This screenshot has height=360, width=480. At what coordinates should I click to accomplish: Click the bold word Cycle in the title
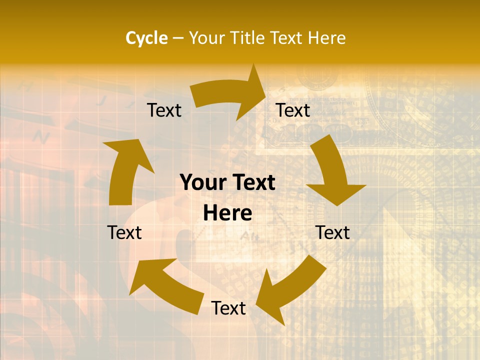pos(146,38)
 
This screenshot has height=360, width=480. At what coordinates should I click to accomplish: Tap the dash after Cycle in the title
pos(178,38)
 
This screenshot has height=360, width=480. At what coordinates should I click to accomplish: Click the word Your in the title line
pos(207,38)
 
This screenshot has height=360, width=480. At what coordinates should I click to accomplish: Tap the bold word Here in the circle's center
pos(227,213)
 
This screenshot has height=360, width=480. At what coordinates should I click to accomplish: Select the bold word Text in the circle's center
pos(253,183)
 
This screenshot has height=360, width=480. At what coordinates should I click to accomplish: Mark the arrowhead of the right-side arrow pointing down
pos(336,192)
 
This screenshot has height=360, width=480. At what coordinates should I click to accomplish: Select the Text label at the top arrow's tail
pos(164,110)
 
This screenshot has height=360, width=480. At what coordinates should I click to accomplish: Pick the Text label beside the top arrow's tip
pos(293,110)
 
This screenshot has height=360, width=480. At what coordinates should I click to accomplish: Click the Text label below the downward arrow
pos(332,232)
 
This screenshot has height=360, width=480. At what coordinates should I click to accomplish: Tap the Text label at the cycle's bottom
pos(228,308)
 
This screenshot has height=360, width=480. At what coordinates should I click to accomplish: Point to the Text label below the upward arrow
pos(124,232)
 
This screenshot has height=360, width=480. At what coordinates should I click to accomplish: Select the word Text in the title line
pos(288,38)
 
